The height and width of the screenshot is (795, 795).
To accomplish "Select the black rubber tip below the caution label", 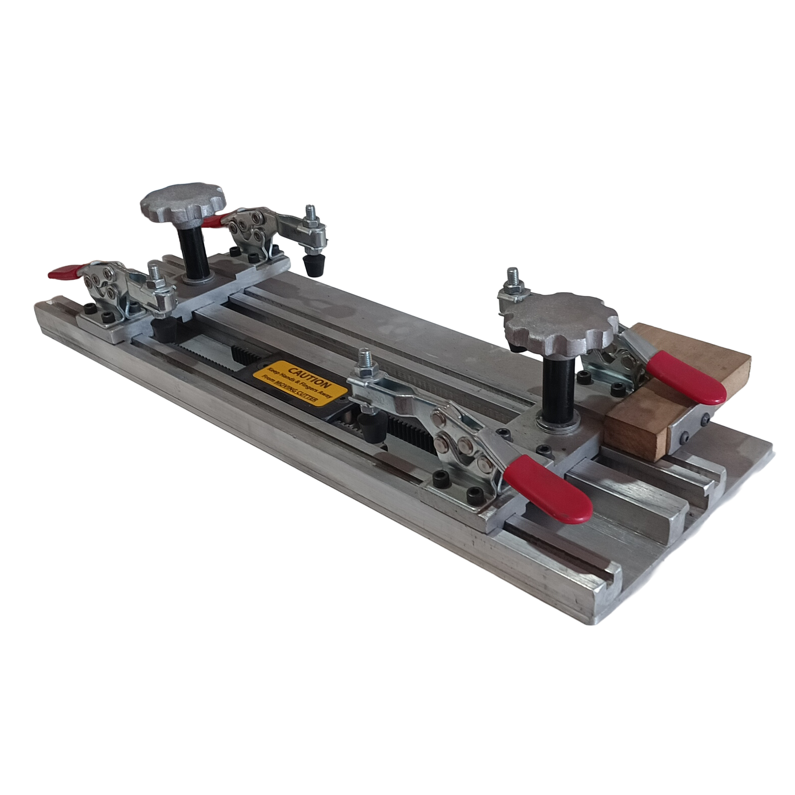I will (370, 426).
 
